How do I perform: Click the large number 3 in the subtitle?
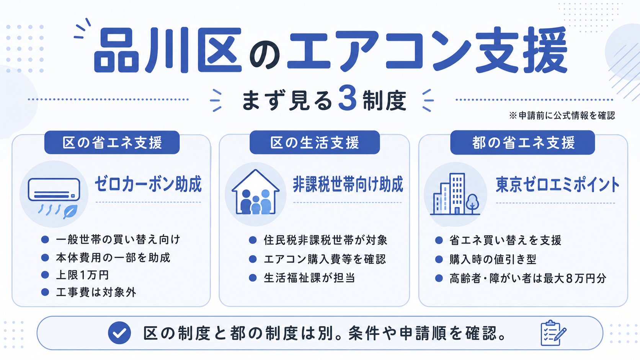tap(348, 99)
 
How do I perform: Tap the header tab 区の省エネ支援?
tap(112, 142)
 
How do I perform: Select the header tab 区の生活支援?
tap(315, 142)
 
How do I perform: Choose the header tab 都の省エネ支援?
tap(522, 142)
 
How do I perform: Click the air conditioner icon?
tap(54, 189)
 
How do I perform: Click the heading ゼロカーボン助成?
tap(148, 184)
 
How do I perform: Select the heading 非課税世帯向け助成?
tap(348, 184)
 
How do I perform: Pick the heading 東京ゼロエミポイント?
tap(557, 185)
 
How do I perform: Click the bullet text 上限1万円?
tap(83, 275)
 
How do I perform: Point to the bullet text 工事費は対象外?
tap(96, 292)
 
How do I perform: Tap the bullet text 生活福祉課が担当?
tap(309, 278)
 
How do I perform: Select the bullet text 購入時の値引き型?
tap(493, 259)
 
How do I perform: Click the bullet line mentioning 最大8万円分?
tap(528, 279)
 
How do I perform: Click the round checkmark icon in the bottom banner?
tap(119, 332)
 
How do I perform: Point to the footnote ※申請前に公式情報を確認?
tap(562, 115)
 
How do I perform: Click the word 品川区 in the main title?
tap(168, 50)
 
